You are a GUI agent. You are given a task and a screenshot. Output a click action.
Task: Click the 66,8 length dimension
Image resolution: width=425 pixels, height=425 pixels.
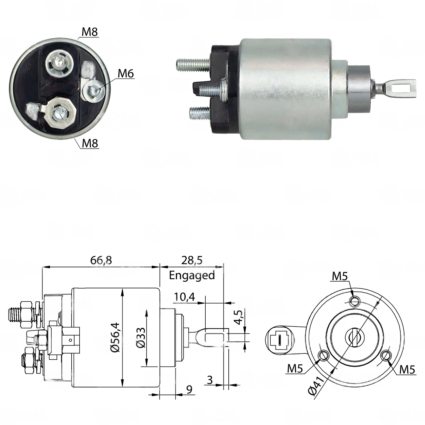pyautogui.click(x=101, y=260)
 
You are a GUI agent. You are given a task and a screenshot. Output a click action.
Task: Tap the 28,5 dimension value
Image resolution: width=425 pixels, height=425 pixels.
pyautogui.click(x=192, y=260)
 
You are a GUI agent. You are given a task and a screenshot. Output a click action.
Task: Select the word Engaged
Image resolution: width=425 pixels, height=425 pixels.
pyautogui.click(x=192, y=275)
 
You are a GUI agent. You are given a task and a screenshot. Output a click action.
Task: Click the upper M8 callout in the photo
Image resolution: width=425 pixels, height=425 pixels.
pyautogui.click(x=90, y=32)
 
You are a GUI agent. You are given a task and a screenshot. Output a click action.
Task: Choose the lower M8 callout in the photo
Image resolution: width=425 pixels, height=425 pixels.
pyautogui.click(x=90, y=143)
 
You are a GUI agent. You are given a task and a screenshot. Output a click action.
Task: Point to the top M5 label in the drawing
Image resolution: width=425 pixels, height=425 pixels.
pyautogui.click(x=340, y=277)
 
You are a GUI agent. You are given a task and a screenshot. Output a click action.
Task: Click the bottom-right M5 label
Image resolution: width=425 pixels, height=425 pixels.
pyautogui.click(x=407, y=370)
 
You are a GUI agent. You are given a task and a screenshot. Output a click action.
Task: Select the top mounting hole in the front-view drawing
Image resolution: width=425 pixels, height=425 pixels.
pyautogui.click(x=355, y=301)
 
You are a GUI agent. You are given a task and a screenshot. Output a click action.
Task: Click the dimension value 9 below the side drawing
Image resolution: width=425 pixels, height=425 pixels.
pyautogui.click(x=189, y=389)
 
